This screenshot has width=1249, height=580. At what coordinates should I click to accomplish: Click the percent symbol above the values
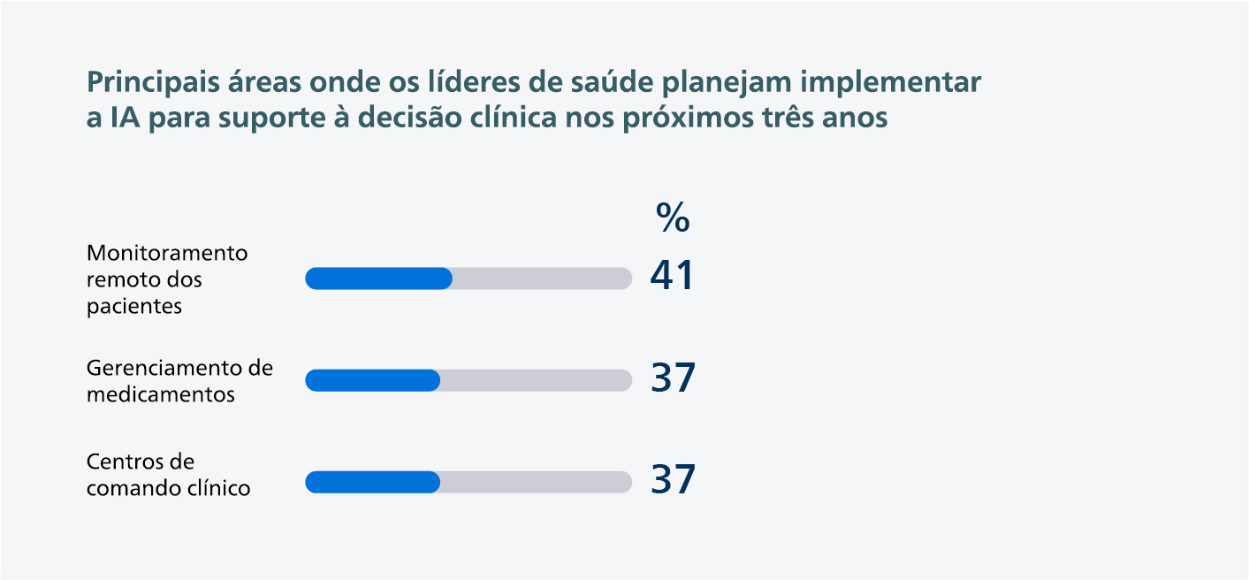673,217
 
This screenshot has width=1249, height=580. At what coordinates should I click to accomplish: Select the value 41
672,277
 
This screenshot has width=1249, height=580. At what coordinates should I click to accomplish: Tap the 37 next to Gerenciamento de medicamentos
674,378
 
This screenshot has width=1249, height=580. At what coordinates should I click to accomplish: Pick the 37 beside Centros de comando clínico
674,480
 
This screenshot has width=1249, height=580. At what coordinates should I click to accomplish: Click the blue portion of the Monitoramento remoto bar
378,279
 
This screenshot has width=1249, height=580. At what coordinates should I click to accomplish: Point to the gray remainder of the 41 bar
542,279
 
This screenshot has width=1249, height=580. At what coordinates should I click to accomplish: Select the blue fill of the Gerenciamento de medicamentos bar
372,380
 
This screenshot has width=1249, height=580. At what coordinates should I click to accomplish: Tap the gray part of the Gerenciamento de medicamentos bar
536,380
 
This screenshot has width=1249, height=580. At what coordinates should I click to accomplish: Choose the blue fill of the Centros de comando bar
372,482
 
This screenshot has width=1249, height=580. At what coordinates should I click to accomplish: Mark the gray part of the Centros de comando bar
536,482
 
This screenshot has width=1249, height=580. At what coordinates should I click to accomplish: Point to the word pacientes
134,307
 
